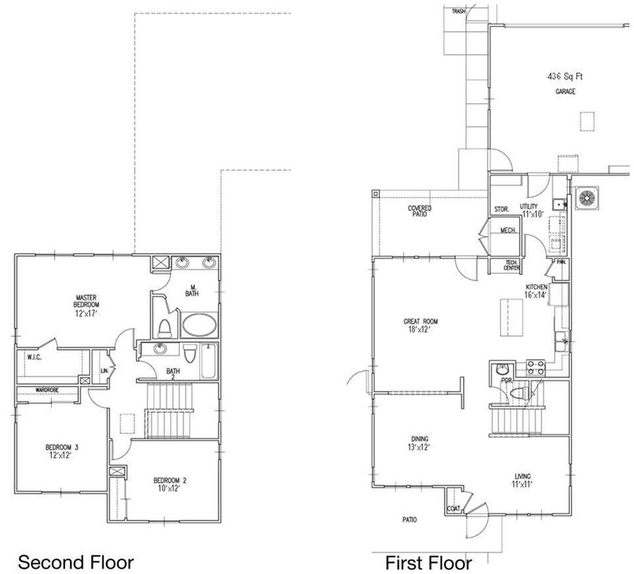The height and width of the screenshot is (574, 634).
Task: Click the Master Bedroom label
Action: [x=87, y=301]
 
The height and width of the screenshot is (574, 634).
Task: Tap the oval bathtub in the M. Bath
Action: [x=199, y=326]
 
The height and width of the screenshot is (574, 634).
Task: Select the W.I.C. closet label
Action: [x=35, y=357]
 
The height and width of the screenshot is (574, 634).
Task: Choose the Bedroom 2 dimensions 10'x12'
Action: [x=168, y=489]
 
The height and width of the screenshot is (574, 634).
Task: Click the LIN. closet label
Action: [x=104, y=371]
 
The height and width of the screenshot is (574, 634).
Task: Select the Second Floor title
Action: [x=76, y=562]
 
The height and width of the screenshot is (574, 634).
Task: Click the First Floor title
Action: [x=429, y=563]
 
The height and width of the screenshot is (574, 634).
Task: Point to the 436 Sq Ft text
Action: [x=564, y=77]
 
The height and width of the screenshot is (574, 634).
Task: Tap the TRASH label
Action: [x=458, y=11]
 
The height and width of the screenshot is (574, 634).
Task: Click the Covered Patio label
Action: [x=419, y=211]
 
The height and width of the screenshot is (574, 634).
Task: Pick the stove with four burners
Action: [x=535, y=367]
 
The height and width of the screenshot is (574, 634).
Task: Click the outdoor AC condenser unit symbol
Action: [x=587, y=198]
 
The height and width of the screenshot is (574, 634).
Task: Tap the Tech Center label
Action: [x=511, y=266]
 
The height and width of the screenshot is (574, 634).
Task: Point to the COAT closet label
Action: [x=454, y=509]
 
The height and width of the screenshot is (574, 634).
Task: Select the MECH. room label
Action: [x=508, y=230]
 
